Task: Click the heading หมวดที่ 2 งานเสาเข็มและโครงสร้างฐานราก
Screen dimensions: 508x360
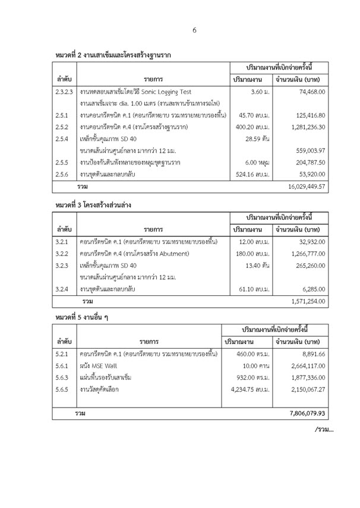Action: click(112, 55)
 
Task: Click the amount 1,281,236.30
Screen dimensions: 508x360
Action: click(305, 126)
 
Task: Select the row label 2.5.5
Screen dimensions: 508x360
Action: click(61, 160)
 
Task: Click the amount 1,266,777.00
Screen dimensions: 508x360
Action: click(305, 254)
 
